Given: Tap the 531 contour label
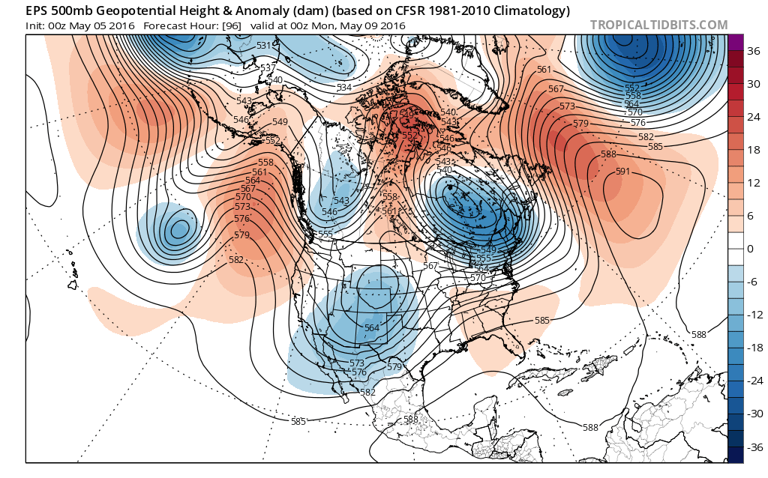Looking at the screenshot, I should tap(263, 46).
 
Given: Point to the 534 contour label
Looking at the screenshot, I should tap(344, 88).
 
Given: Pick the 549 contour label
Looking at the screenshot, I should tap(280, 122).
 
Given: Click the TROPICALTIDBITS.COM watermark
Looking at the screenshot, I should tap(658, 25).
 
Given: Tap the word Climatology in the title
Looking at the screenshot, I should tap(530, 11).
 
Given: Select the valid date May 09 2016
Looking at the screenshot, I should tap(367, 25).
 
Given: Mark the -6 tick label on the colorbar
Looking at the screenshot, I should tap(751, 281).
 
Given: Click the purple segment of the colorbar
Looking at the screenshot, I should tap(736, 42).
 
